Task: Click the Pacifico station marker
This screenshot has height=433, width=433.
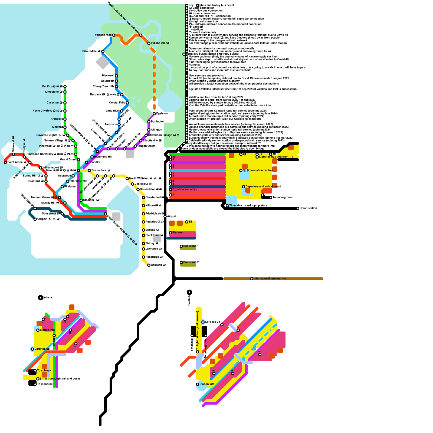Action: (x=65, y=87)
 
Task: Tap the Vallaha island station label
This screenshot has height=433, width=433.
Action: (x=160, y=43)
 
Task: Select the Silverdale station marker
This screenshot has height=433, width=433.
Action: (x=103, y=51)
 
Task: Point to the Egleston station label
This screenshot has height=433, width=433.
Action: (x=162, y=113)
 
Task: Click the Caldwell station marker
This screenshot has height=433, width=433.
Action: (x=149, y=265)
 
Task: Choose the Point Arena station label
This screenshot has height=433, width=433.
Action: (x=15, y=162)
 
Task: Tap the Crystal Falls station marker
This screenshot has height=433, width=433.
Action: (x=127, y=103)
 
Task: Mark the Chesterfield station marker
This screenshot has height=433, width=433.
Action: (x=143, y=198)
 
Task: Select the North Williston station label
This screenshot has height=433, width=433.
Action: (x=139, y=178)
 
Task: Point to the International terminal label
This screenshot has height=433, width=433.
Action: (x=269, y=278)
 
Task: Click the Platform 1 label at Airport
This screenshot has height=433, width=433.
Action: (x=179, y=232)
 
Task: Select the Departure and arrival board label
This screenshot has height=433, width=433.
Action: (x=263, y=186)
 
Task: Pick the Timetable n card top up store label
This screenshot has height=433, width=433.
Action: (x=248, y=205)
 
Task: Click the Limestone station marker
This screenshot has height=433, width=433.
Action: (x=65, y=92)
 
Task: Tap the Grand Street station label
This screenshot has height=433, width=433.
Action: (x=68, y=159)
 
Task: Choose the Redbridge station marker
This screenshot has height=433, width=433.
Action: (x=143, y=257)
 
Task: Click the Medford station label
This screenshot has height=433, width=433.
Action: (x=57, y=127)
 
